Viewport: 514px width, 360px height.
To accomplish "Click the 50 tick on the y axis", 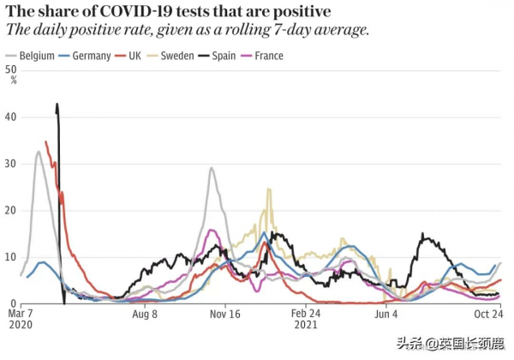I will [10, 69].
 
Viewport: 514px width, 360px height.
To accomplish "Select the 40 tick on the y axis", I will [10, 117].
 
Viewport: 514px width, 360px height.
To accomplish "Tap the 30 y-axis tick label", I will [10, 164].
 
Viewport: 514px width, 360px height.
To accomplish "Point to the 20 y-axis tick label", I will [10, 211].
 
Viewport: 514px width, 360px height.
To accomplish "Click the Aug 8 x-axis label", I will [145, 315].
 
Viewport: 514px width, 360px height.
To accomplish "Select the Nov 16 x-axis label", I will [225, 315].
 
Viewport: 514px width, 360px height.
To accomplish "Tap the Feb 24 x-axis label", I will [307, 315].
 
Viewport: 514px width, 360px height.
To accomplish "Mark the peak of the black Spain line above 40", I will [57, 105].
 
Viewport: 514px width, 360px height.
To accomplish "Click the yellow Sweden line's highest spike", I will [269, 189].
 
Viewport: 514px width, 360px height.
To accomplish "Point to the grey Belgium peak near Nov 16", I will [212, 168].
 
